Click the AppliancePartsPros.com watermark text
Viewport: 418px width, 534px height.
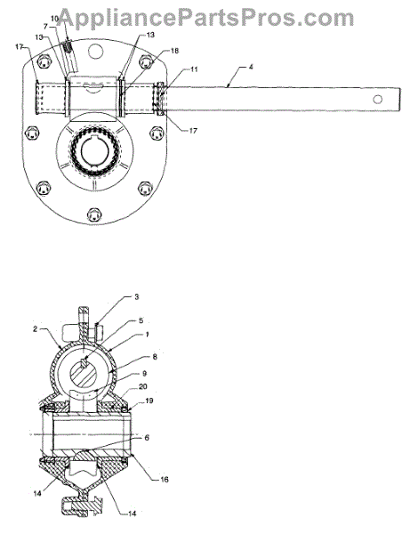(206, 18)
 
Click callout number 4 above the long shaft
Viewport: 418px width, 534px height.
(251, 67)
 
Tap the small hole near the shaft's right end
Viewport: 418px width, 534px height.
(377, 100)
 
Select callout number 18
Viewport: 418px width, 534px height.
(174, 51)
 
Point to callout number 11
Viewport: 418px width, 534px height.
(194, 69)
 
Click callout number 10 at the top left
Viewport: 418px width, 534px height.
(55, 19)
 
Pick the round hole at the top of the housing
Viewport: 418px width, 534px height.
(96, 51)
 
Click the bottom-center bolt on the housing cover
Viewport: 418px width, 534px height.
(94, 214)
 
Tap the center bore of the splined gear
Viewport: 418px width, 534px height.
(94, 153)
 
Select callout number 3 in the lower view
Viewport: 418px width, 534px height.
(137, 296)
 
